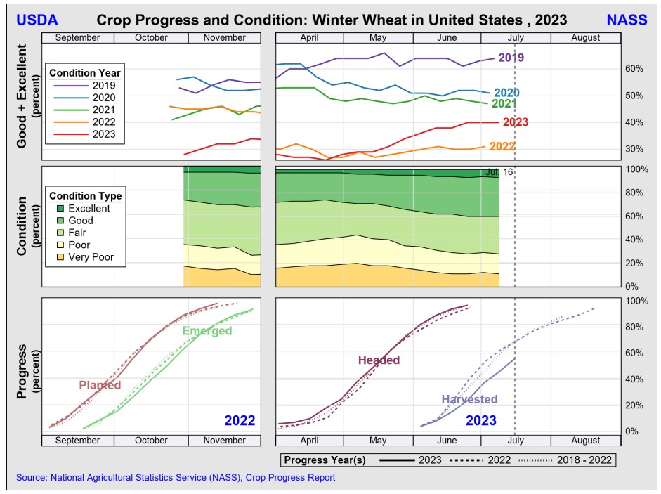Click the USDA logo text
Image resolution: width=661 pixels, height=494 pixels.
click(37, 20)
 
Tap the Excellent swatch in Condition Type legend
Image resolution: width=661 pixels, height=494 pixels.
click(58, 209)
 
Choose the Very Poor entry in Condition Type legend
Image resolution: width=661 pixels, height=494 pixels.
click(91, 257)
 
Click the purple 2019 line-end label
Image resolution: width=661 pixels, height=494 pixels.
click(511, 58)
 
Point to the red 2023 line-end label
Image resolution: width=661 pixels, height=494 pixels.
click(516, 122)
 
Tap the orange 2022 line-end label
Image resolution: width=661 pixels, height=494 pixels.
click(502, 147)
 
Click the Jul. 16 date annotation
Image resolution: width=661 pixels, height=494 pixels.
click(499, 172)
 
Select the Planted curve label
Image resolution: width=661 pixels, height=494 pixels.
click(100, 385)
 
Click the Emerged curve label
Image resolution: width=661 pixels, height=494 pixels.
click(207, 331)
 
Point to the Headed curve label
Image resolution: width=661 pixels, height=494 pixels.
click(379, 360)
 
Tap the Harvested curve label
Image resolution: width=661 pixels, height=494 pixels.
click(469, 399)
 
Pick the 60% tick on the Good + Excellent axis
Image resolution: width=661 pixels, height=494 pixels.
click(637, 69)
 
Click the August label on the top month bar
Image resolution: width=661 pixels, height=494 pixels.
click(585, 38)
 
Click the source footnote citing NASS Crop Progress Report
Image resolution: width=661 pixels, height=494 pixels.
click(176, 478)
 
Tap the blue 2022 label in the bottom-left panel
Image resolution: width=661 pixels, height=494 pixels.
click(240, 421)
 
